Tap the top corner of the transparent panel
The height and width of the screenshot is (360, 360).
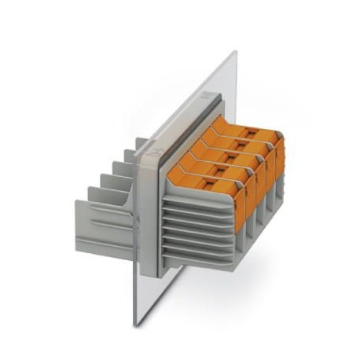(233, 53)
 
